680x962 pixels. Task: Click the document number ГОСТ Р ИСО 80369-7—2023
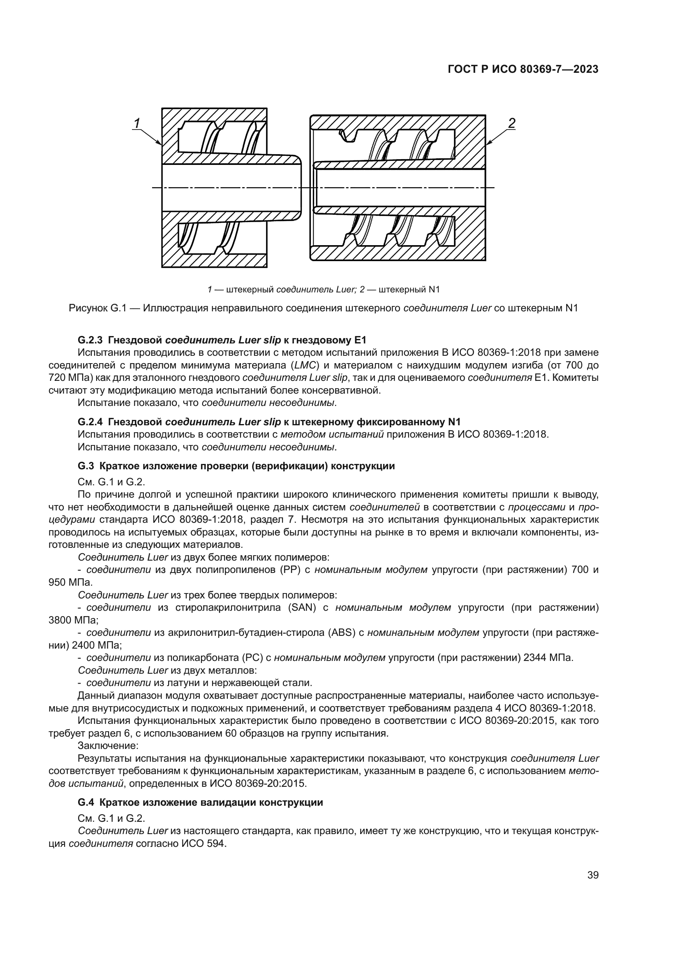point(523,69)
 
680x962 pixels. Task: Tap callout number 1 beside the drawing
point(136,123)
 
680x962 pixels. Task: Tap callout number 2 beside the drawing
point(511,123)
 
